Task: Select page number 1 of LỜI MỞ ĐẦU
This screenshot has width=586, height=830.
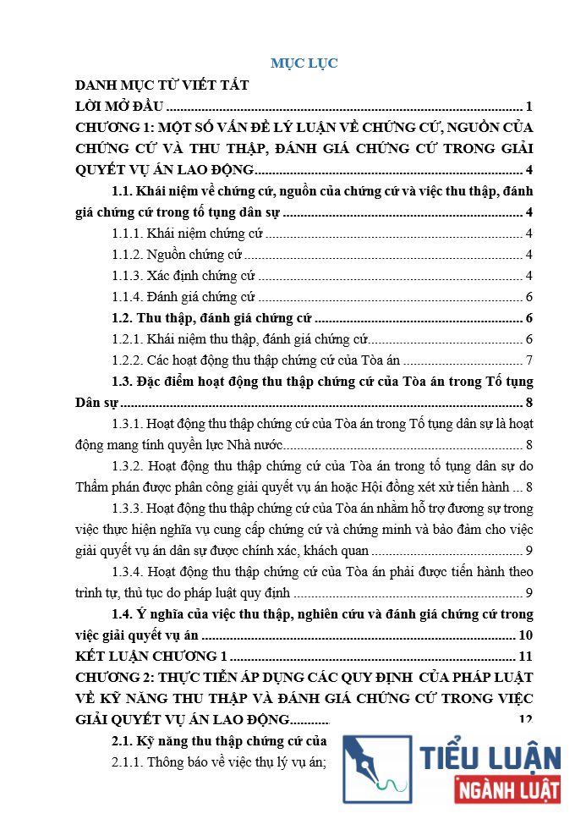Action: click(528, 107)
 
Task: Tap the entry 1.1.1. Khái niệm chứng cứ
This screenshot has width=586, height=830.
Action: click(188, 234)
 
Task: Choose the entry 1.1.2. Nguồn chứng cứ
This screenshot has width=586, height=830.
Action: click(177, 255)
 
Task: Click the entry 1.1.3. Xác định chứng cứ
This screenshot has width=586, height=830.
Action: click(183, 276)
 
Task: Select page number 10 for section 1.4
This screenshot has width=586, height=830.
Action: click(525, 635)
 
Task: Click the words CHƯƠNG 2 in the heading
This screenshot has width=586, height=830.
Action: click(112, 678)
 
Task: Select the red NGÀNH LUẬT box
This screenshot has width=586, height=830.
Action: click(507, 791)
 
